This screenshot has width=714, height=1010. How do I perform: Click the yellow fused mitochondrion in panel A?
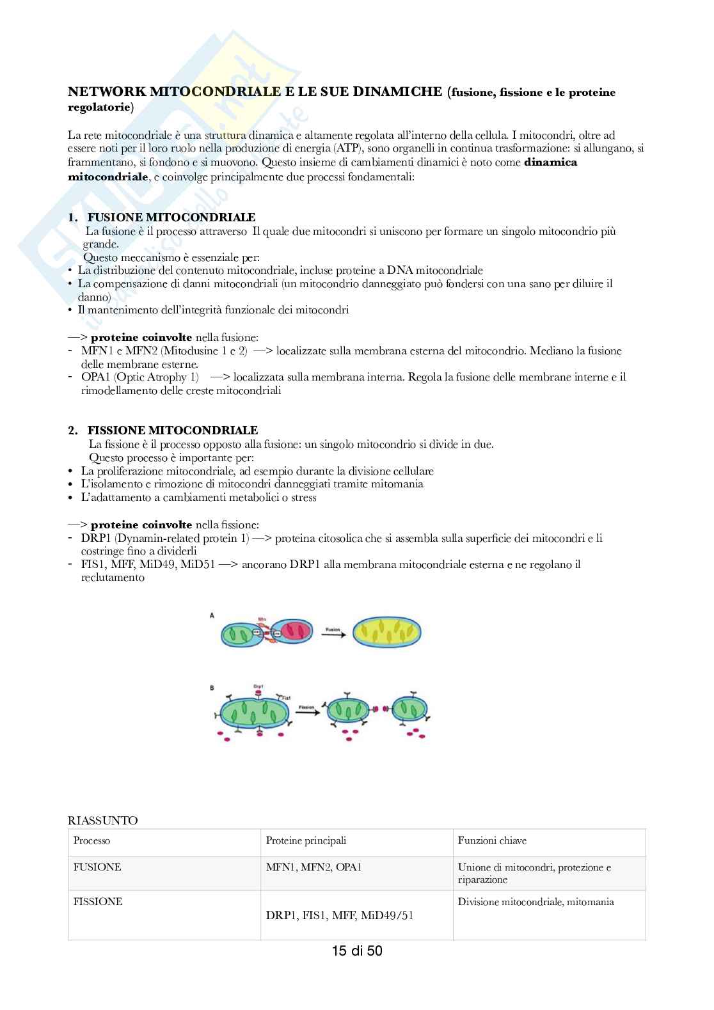(387, 633)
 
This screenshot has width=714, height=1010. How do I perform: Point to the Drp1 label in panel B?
(258, 686)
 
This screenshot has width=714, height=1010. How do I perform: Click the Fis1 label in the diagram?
(287, 697)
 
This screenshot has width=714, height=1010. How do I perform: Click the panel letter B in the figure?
(212, 688)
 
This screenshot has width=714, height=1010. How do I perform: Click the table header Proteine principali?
(306, 840)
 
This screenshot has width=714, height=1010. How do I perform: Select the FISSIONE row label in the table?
(98, 901)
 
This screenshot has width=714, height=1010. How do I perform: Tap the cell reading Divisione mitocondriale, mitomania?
(535, 902)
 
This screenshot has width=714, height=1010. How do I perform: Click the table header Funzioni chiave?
(492, 840)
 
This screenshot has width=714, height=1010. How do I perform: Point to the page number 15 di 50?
(356, 951)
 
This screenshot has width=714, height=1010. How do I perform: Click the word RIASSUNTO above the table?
(103, 821)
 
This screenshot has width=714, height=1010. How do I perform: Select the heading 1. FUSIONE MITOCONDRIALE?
(162, 217)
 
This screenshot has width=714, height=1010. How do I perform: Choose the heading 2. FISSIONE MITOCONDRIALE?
(163, 430)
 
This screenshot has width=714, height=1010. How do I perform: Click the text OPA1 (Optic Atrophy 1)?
(139, 377)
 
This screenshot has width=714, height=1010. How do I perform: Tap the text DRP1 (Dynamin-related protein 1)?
(165, 539)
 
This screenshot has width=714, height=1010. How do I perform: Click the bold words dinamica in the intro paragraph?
(550, 162)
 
